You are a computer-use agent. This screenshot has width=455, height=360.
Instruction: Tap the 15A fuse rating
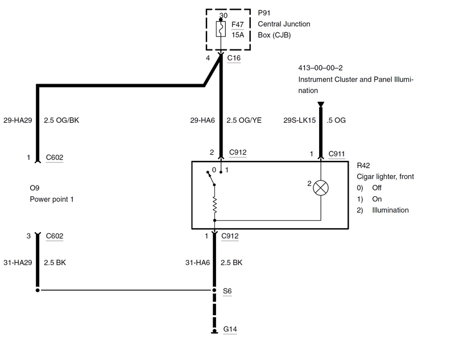tap(238, 34)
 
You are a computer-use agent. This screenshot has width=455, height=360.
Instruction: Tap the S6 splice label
tap(227, 291)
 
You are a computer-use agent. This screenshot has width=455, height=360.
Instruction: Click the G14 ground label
tap(230, 329)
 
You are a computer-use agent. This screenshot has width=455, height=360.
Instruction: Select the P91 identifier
tap(264, 13)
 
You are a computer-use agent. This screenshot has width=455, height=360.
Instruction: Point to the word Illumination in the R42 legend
tap(390, 210)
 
